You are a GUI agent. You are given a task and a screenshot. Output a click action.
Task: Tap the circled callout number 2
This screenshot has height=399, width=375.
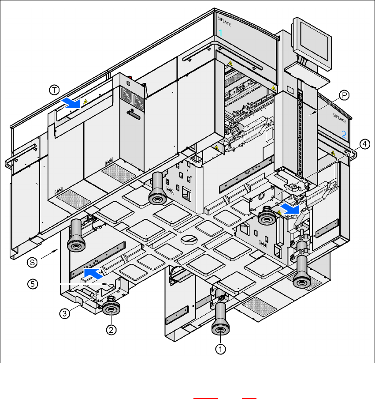[x=112, y=329]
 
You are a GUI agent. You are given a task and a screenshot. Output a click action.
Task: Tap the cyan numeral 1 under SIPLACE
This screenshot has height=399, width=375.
[x=221, y=33]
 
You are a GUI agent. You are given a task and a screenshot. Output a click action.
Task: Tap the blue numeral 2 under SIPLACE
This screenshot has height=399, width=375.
[x=345, y=134]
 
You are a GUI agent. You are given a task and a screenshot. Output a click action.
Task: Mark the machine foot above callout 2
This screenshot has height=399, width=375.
[x=111, y=307]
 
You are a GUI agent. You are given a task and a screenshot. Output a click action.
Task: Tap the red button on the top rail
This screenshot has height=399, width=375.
[x=129, y=75]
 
